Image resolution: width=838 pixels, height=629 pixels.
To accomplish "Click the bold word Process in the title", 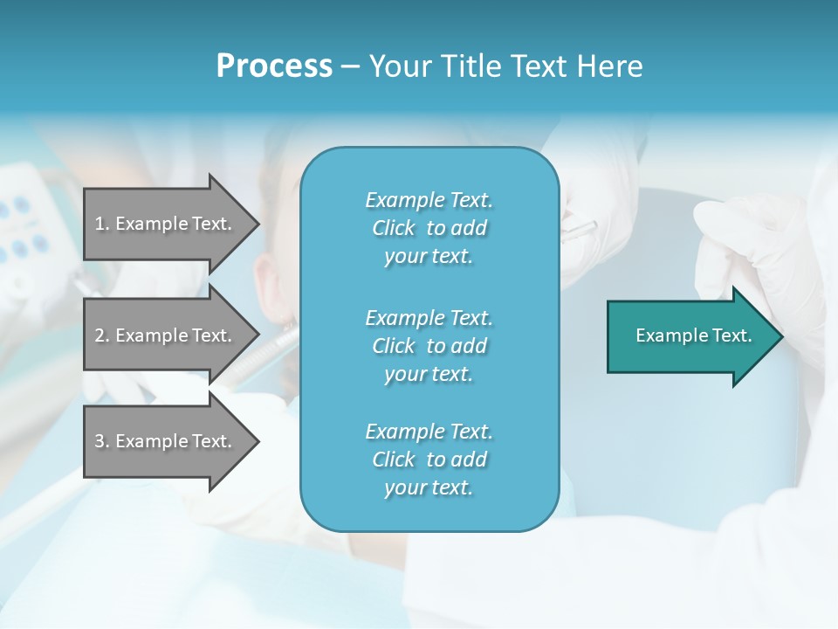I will pos(274,66).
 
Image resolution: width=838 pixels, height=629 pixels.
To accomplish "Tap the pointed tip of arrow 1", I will pos(257,224).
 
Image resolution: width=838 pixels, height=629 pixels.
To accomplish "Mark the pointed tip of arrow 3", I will pos(257,441).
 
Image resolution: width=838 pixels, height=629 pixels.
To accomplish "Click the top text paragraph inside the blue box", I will pos(429,228).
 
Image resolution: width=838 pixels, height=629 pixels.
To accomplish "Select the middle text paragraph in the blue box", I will pos(429,346).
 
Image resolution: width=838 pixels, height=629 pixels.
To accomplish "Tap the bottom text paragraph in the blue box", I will pos(429,460).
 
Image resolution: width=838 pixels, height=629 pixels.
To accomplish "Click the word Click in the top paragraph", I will pos(393,228).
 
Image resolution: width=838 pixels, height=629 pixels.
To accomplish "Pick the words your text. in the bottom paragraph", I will pos(429,487).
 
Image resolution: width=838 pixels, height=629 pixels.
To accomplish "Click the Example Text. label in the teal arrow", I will pos(694,335).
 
